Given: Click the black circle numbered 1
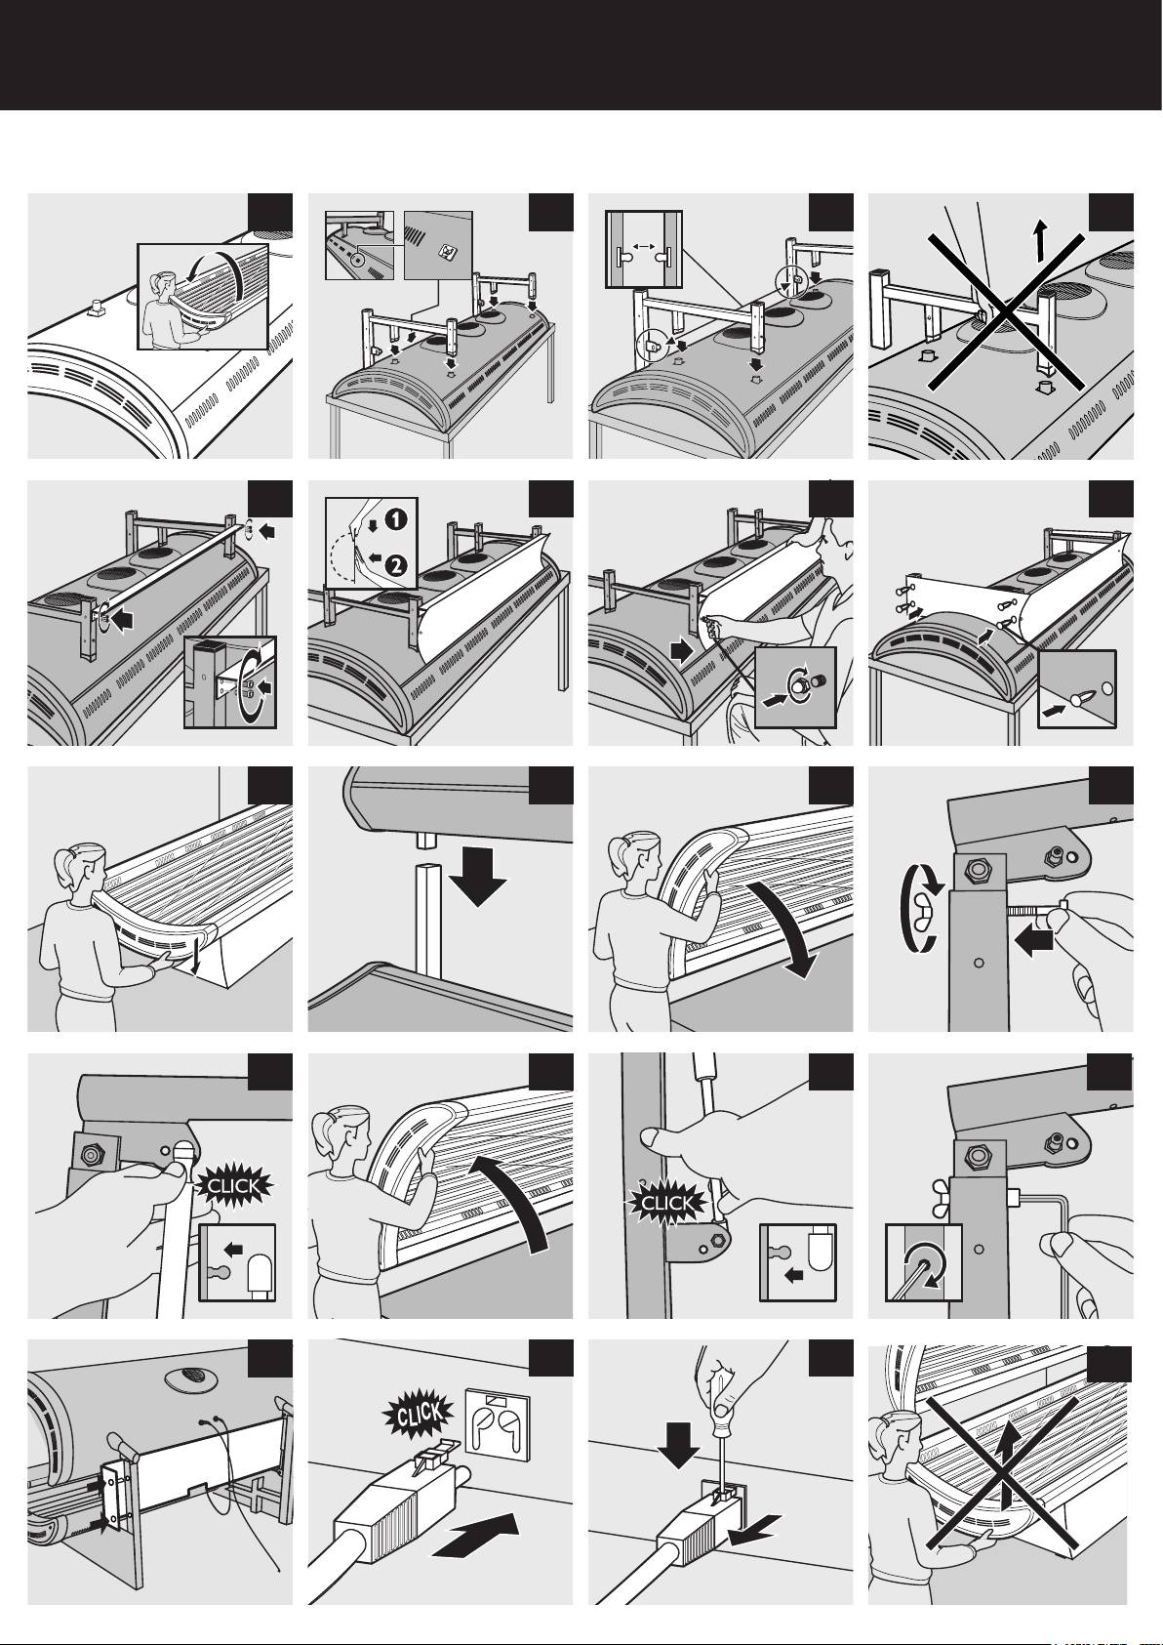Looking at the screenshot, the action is point(395,520).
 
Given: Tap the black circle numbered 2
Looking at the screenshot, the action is point(395,564).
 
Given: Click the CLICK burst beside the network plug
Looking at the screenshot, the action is point(419,1413).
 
